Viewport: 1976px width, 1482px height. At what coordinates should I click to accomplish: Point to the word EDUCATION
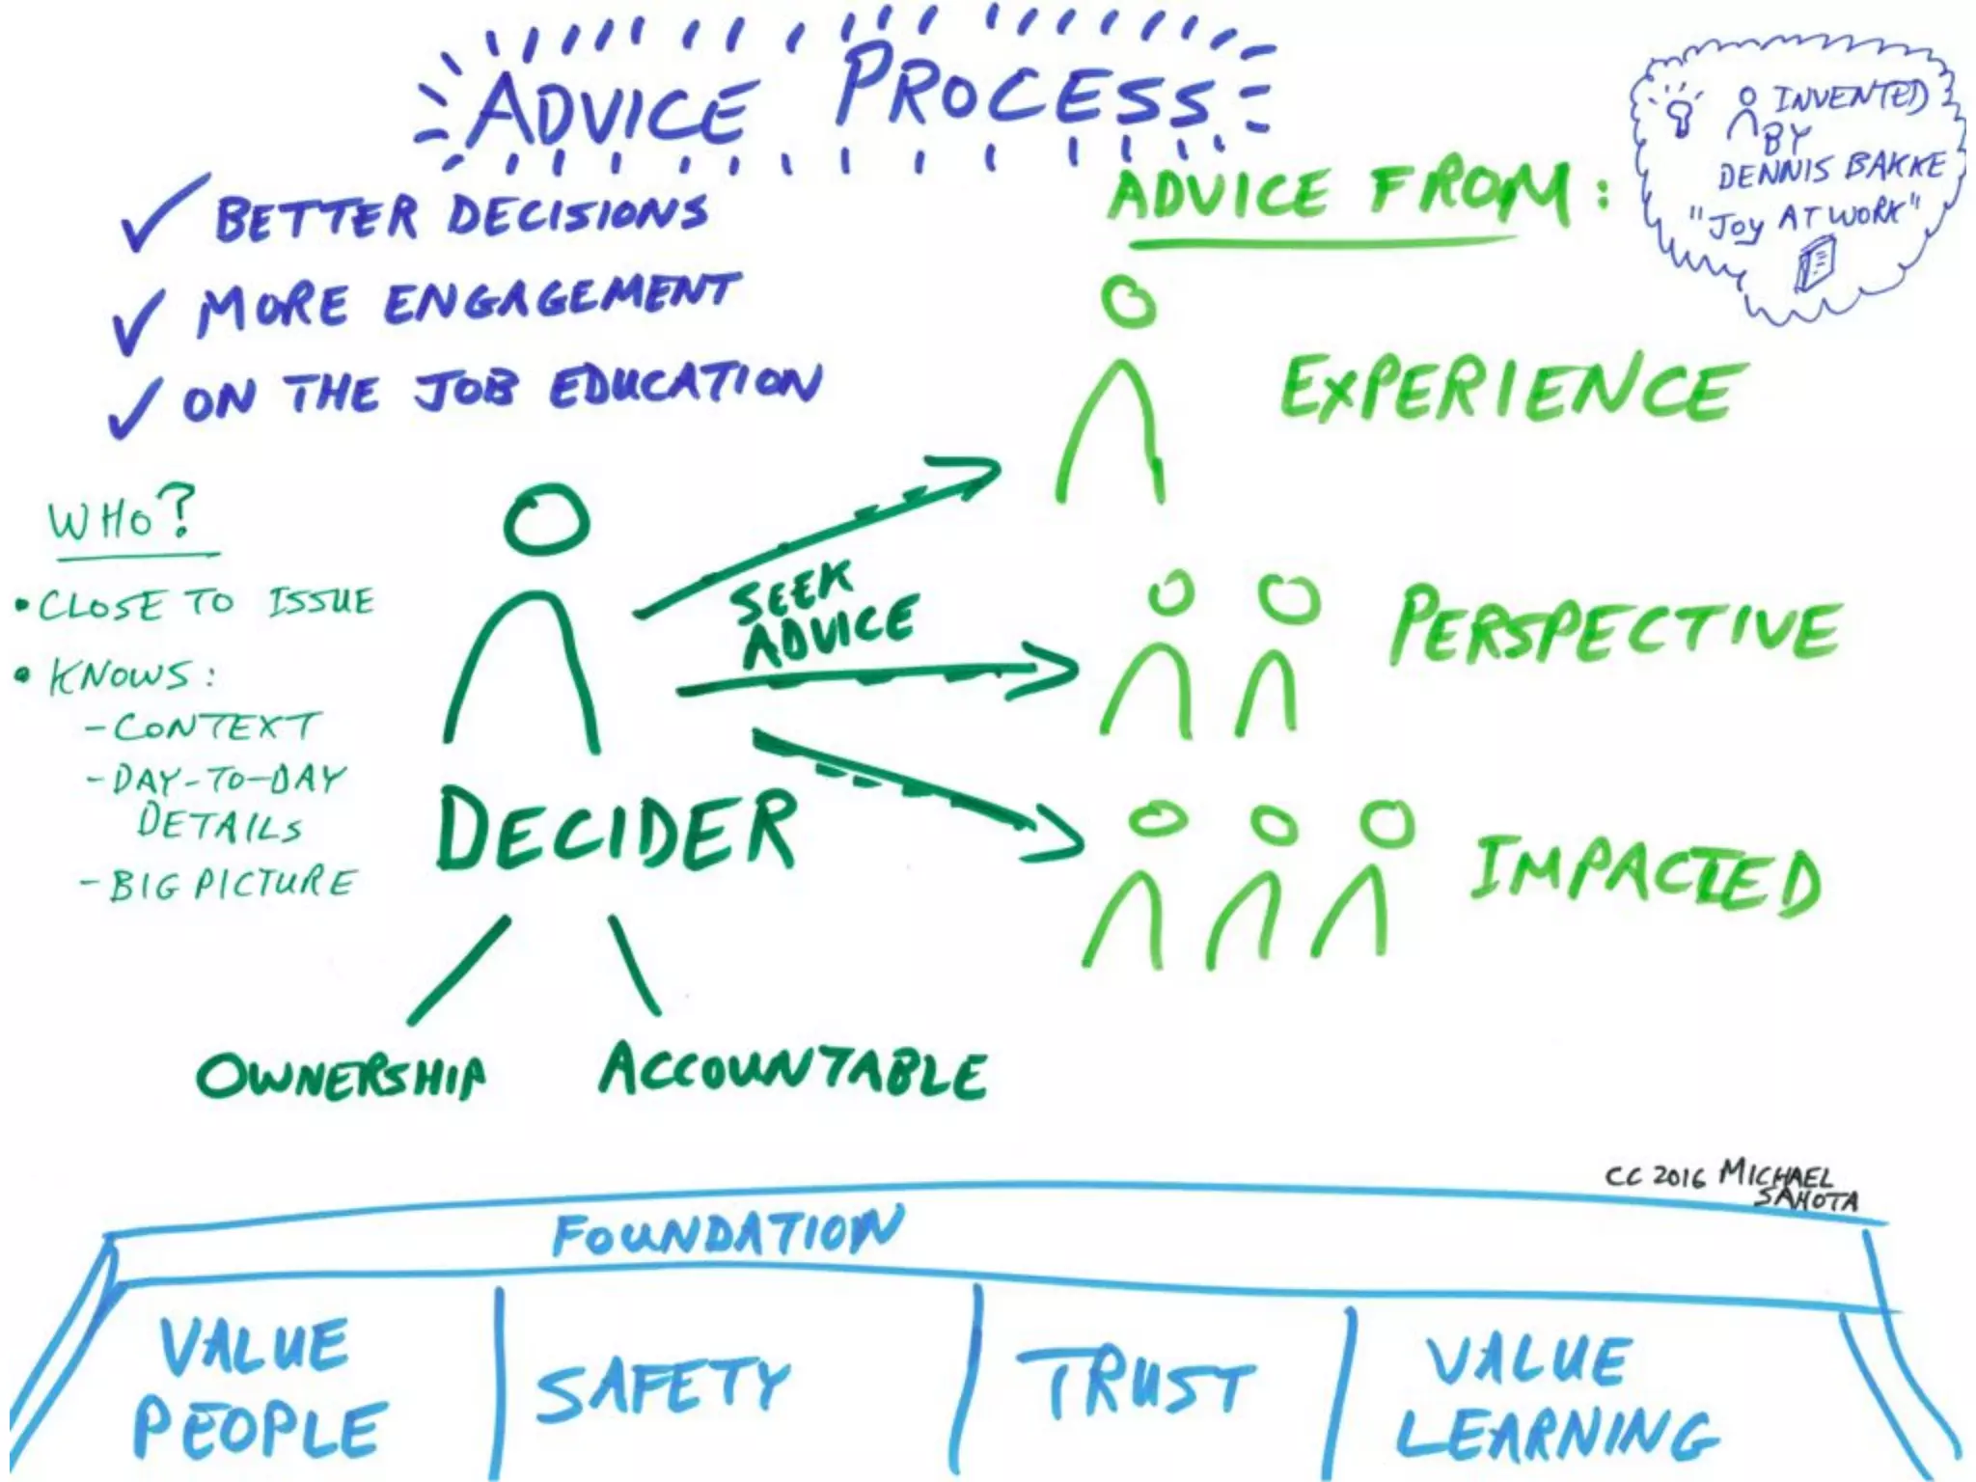[686, 386]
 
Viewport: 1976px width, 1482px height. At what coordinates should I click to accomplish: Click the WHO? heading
[122, 517]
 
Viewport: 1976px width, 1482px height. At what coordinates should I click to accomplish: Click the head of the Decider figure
[546, 519]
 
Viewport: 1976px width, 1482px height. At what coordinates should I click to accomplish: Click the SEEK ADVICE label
[820, 617]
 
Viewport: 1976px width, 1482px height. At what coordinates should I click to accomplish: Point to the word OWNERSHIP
[342, 1076]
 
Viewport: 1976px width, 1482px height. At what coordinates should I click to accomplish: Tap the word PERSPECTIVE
[1615, 627]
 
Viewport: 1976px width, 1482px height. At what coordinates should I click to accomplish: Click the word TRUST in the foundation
[1139, 1384]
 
